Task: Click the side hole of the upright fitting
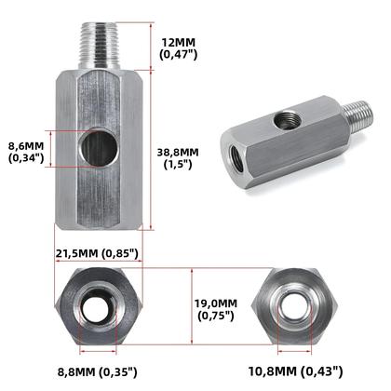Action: (x=99, y=150)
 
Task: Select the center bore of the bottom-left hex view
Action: (x=100, y=308)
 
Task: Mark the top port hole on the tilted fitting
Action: (x=284, y=120)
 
